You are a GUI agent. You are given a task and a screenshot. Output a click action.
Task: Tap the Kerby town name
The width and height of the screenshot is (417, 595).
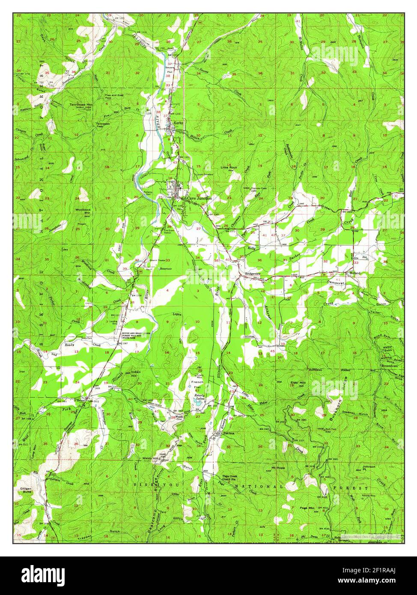[178, 123]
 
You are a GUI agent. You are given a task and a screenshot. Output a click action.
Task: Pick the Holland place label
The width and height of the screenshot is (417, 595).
[354, 273]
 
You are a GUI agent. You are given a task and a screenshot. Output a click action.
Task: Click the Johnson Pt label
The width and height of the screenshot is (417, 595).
[369, 468]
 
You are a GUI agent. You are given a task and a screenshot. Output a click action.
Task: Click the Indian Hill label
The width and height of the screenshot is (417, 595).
[136, 373]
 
